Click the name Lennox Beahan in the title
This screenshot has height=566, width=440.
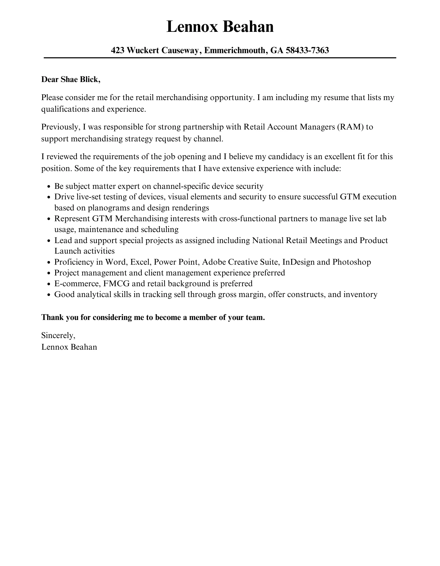click(220, 27)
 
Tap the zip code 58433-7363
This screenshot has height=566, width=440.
click(307, 50)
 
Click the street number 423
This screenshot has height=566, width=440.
click(118, 50)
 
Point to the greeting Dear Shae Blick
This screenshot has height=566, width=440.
click(71, 80)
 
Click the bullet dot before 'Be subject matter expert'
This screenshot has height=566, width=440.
click(49, 187)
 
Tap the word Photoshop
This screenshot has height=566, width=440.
click(352, 262)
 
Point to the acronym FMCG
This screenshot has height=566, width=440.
click(116, 284)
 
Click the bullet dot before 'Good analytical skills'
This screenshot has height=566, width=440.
click(49, 295)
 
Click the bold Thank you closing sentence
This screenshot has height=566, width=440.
click(153, 318)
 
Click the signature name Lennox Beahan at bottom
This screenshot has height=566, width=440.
click(69, 347)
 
